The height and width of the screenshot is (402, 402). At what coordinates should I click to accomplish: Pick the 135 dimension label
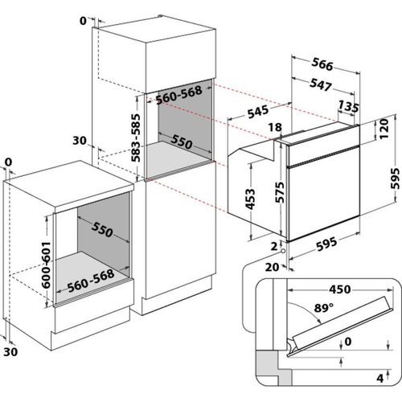(x=348, y=106)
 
